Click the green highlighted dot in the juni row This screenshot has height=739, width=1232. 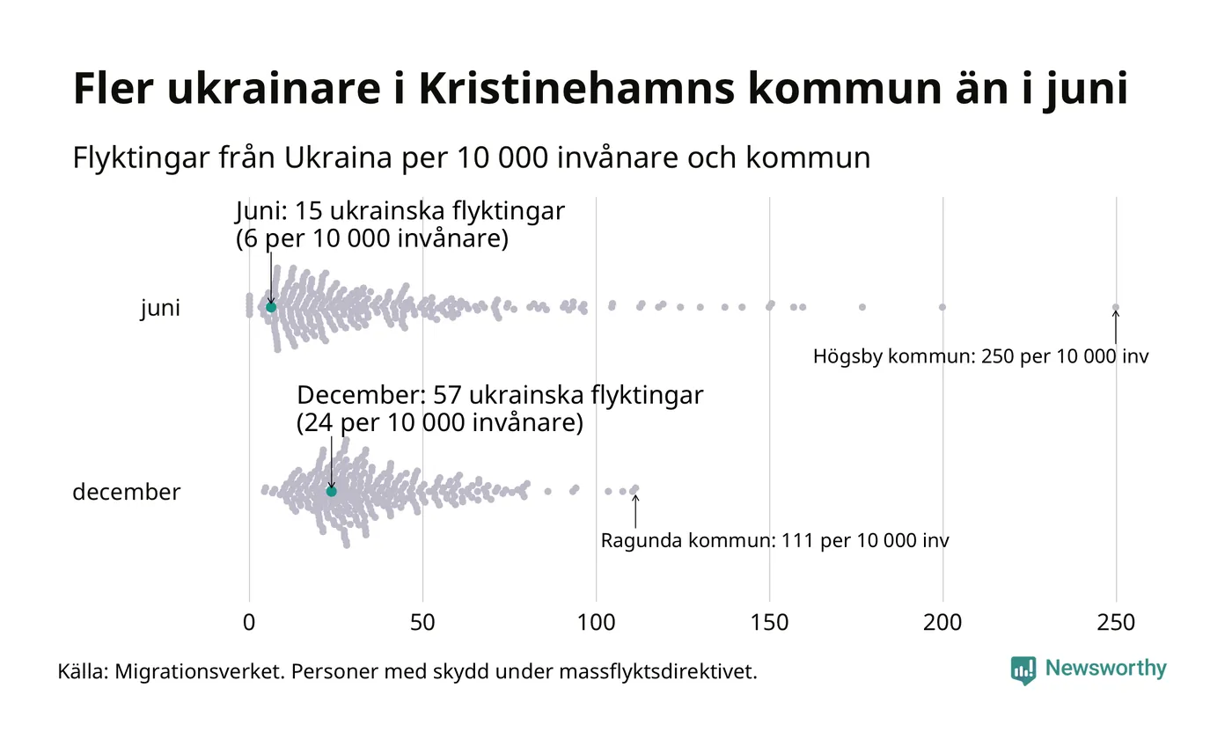coord(271,307)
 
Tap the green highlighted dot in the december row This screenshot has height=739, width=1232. coord(332,491)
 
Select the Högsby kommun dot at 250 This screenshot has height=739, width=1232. coord(1116,307)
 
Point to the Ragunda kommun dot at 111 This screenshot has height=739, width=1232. coord(635,488)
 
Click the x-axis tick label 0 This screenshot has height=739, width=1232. coord(249,623)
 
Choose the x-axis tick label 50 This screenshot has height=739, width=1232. coord(422,623)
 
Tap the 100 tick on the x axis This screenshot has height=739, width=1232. coord(596,623)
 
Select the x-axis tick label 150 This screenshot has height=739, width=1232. coord(769,623)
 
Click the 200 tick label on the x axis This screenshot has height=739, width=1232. coord(942,623)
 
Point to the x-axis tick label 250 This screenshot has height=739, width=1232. coord(1116,623)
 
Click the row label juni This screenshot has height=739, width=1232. coord(160,309)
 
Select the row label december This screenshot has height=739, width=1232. coord(126,492)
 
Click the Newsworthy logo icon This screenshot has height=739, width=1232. coord(1023,670)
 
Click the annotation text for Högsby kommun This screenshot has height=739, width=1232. coord(980,357)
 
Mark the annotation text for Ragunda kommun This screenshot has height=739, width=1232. coord(774,540)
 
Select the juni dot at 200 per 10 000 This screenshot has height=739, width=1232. coord(942,307)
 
